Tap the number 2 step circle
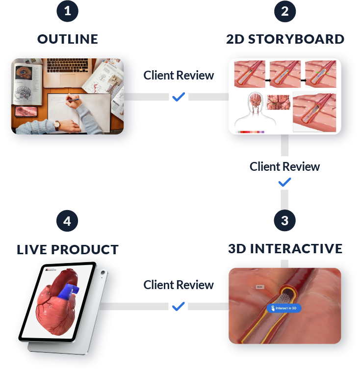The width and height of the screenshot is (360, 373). [285, 12]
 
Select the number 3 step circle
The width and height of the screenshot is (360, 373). [285, 220]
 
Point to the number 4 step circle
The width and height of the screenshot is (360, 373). [68, 220]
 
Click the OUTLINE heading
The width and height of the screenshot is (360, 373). [68, 39]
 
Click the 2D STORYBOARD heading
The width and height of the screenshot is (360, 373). [285, 39]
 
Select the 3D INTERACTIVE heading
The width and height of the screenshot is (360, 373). [285, 248]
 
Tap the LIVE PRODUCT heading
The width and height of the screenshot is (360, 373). [68, 249]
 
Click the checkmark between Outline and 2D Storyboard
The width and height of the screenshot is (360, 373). [179, 97]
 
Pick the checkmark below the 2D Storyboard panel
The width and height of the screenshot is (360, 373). [284, 183]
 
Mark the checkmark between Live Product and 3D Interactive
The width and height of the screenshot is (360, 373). [179, 306]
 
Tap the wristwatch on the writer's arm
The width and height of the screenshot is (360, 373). [57, 125]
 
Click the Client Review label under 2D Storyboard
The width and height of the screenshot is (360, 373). [284, 166]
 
